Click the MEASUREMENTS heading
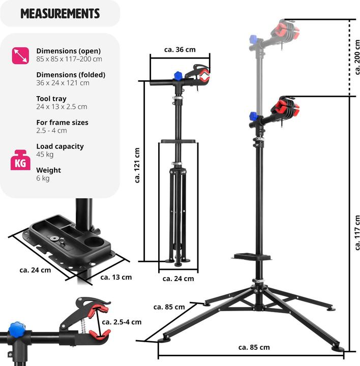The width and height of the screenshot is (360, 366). pyautogui.click(x=60, y=13)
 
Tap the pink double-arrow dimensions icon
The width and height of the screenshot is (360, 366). pyautogui.click(x=19, y=55)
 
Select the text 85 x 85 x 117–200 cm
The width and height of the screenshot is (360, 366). pyautogui.click(x=69, y=59)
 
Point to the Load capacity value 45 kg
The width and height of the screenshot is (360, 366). pyautogui.click(x=45, y=155)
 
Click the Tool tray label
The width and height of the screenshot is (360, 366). pyautogui.click(x=51, y=99)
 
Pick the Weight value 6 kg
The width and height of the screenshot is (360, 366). pyautogui.click(x=42, y=178)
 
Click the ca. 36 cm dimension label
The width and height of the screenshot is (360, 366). pyautogui.click(x=179, y=50)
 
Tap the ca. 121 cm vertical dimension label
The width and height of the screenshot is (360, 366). pyautogui.click(x=137, y=165)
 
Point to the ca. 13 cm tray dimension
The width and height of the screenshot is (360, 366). pyautogui.click(x=116, y=277)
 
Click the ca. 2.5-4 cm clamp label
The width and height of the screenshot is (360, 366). pyautogui.click(x=122, y=322)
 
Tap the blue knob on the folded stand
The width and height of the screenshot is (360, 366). pyautogui.click(x=178, y=75)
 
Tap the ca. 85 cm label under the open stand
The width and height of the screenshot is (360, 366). pyautogui.click(x=254, y=348)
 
